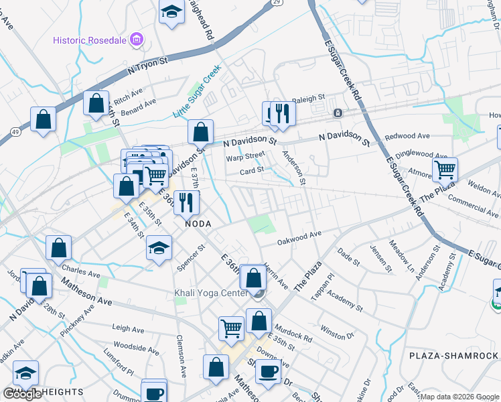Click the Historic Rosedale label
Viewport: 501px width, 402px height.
pyautogui.click(x=92, y=39)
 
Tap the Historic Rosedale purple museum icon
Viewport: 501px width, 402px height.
pyautogui.click(x=138, y=39)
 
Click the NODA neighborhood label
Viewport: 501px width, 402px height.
pyautogui.click(x=198, y=224)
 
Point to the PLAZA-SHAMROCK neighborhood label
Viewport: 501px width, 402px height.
pyautogui.click(x=453, y=355)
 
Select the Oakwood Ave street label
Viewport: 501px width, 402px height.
pyautogui.click(x=299, y=237)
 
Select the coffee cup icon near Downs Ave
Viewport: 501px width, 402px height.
pyautogui.click(x=269, y=371)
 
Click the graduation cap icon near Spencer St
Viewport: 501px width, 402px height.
pyautogui.click(x=159, y=248)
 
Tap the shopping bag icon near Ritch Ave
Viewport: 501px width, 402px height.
pyautogui.click(x=96, y=103)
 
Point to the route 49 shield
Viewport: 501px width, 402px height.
pyautogui.click(x=14, y=133)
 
